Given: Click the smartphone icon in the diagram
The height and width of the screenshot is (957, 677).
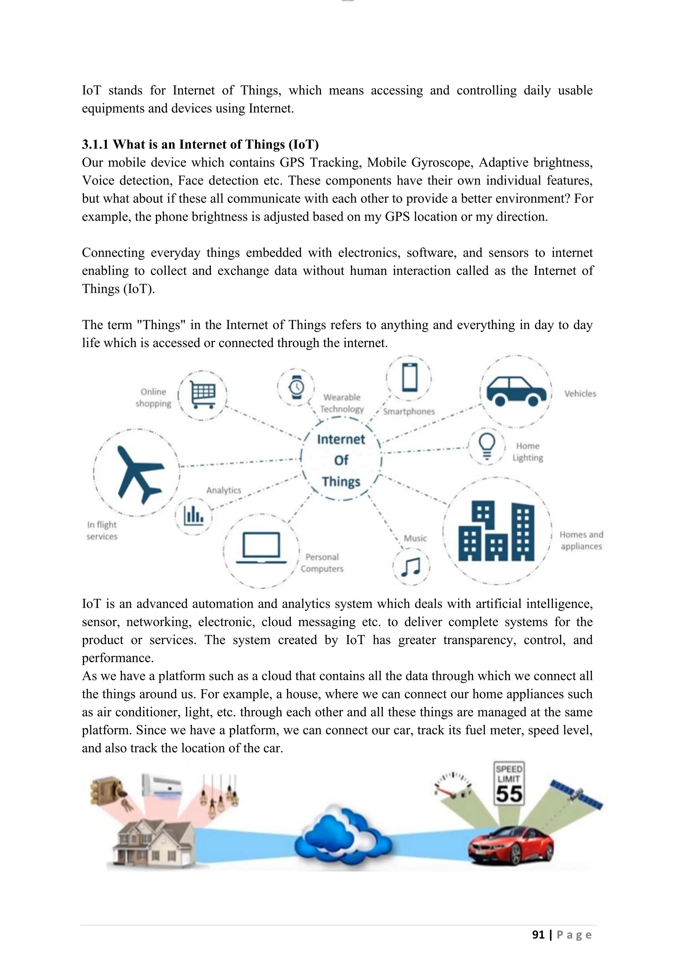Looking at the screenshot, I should [x=409, y=377].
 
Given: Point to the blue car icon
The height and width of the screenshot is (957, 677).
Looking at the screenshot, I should [x=516, y=391].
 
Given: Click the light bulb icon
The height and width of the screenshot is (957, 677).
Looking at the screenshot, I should [x=487, y=446].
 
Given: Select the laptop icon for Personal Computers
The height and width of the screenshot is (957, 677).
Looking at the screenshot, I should [x=261, y=548].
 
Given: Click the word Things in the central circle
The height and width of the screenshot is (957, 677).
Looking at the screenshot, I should [x=341, y=481].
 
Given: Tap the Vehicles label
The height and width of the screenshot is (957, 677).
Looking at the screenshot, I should [x=580, y=394].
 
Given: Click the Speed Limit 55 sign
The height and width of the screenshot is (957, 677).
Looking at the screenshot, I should [x=509, y=784].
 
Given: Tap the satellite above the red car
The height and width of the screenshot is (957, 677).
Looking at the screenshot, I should [x=577, y=794].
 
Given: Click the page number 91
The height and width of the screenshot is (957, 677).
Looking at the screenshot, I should [x=538, y=935].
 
